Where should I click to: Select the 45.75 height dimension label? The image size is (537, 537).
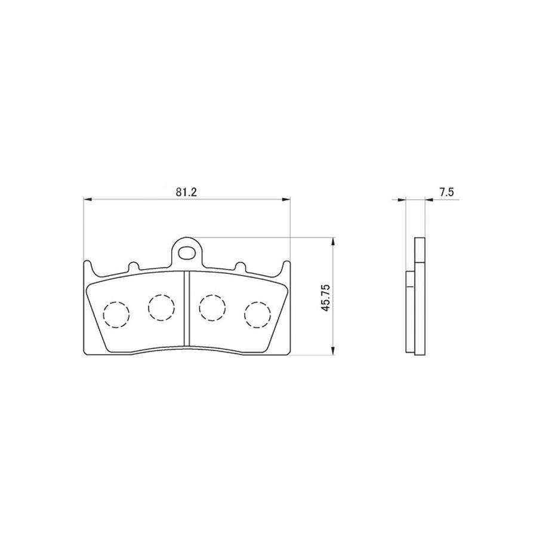325,297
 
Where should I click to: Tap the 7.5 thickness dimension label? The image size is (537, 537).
446,192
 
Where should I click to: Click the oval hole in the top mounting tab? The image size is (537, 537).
187,253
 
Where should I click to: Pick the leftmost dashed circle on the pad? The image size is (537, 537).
116,315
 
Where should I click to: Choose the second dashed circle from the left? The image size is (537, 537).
161,307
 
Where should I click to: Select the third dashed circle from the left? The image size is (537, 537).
212,307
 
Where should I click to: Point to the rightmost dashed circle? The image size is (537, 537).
258,315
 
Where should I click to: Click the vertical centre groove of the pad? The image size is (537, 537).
187,308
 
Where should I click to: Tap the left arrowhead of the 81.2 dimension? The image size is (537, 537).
88,199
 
